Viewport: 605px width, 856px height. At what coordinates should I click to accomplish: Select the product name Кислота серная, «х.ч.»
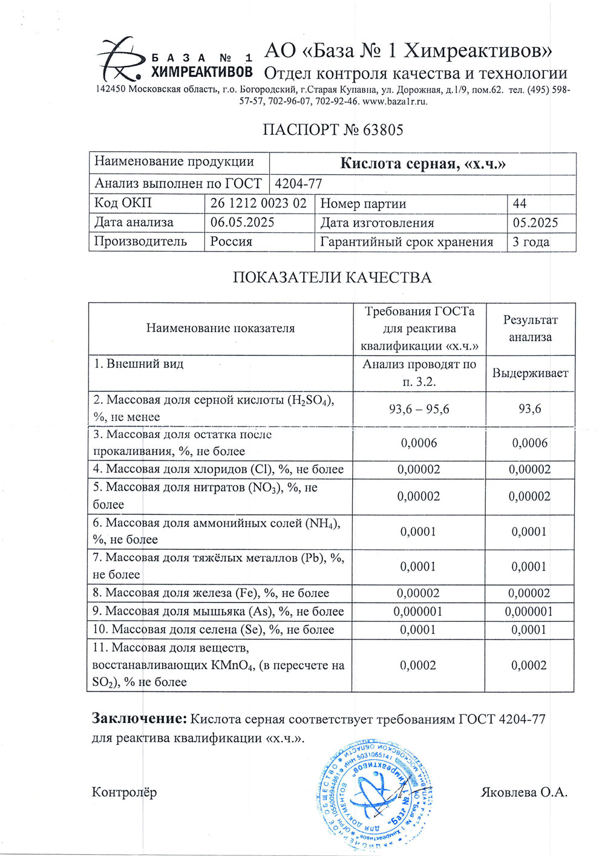(x=422, y=163)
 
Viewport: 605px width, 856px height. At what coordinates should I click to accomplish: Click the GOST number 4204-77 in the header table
(x=298, y=184)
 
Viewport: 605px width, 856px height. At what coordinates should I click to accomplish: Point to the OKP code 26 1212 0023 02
(x=258, y=203)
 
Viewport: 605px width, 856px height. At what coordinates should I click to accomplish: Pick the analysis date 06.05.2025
(x=242, y=223)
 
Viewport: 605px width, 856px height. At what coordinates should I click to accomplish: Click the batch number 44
(x=519, y=203)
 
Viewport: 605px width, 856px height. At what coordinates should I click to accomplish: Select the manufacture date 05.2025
(x=535, y=223)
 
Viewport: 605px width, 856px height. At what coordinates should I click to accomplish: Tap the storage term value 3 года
(x=531, y=242)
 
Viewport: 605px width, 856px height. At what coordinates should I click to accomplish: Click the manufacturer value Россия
(x=231, y=242)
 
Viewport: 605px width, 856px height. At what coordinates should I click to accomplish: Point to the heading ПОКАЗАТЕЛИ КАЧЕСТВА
(x=332, y=278)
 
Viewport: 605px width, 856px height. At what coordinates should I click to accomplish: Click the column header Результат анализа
(x=530, y=328)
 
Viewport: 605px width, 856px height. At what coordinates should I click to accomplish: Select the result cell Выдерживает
(x=530, y=373)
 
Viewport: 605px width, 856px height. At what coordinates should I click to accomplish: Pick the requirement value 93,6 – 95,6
(x=419, y=410)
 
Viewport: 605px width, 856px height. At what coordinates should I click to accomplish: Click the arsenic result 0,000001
(x=529, y=612)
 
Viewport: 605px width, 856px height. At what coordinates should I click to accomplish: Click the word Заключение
(x=139, y=719)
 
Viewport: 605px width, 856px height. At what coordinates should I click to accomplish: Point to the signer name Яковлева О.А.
(x=524, y=792)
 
